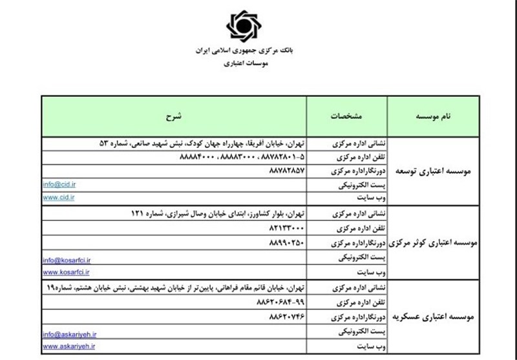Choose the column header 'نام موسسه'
tap(439, 116)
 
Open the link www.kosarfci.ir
tap(66, 272)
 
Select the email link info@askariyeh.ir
tap(69, 334)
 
